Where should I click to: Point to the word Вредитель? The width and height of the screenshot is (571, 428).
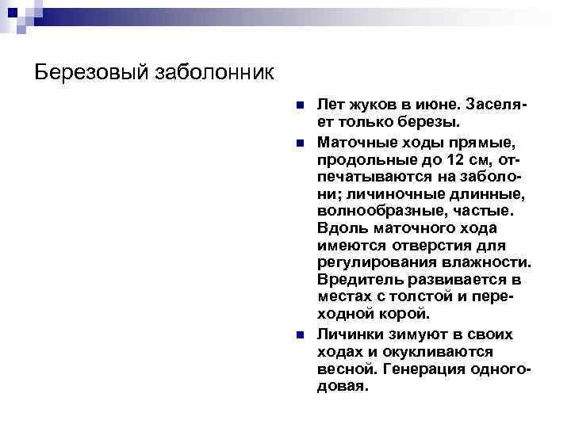tap(360, 281)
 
